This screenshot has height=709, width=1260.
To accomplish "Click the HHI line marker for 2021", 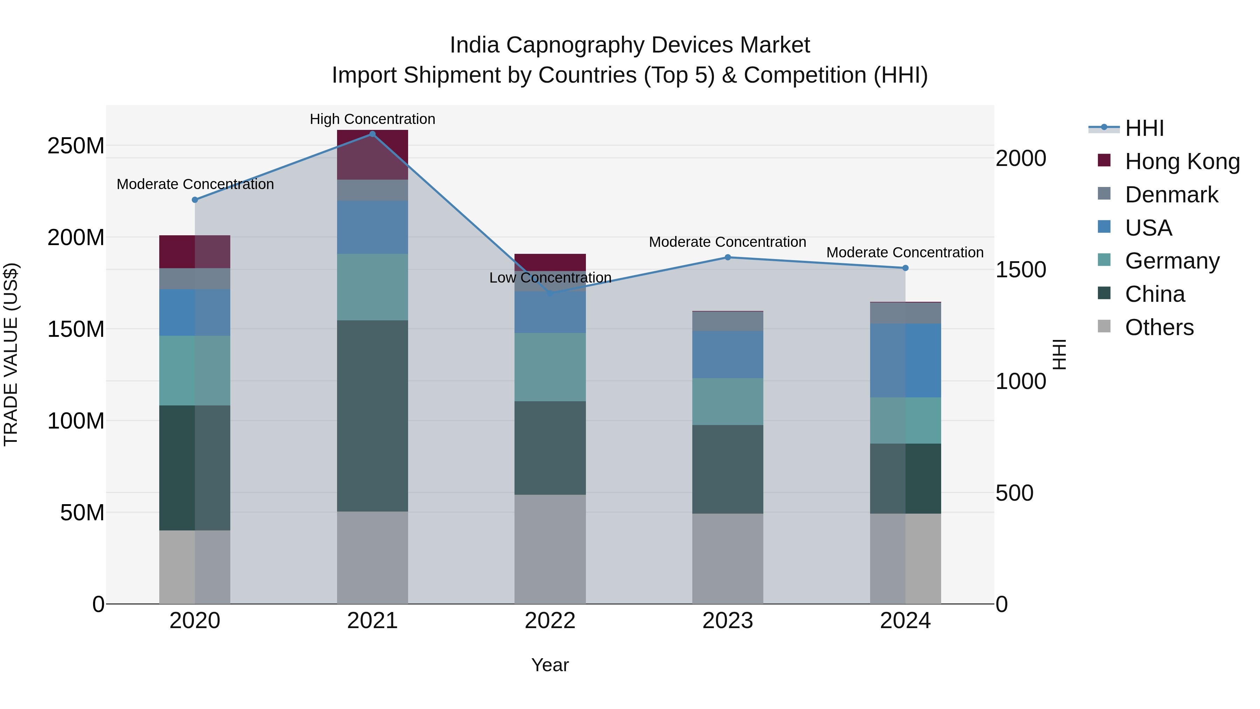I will (372, 134).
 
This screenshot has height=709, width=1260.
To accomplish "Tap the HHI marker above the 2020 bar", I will (195, 200).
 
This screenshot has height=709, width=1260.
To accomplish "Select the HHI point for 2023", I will (727, 257).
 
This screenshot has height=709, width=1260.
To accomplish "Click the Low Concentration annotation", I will (550, 277).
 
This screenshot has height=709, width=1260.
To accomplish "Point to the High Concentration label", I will (372, 119).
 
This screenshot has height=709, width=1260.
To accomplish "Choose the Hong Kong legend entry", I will (1182, 161).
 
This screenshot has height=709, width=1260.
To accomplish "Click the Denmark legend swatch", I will (1104, 194).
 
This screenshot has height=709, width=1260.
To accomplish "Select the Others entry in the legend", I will (1159, 327).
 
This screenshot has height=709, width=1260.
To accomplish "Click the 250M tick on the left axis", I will (76, 146).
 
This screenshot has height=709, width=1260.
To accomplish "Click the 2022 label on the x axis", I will (550, 621).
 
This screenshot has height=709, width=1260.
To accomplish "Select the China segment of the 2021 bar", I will (372, 416).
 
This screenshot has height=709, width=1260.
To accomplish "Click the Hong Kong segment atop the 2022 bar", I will (550, 262).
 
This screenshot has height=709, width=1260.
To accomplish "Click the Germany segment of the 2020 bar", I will (195, 370).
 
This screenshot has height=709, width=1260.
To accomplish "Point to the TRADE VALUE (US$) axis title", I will (11, 354).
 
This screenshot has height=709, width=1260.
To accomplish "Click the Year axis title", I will (550, 665).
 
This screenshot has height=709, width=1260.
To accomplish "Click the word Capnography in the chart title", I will (577, 45).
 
